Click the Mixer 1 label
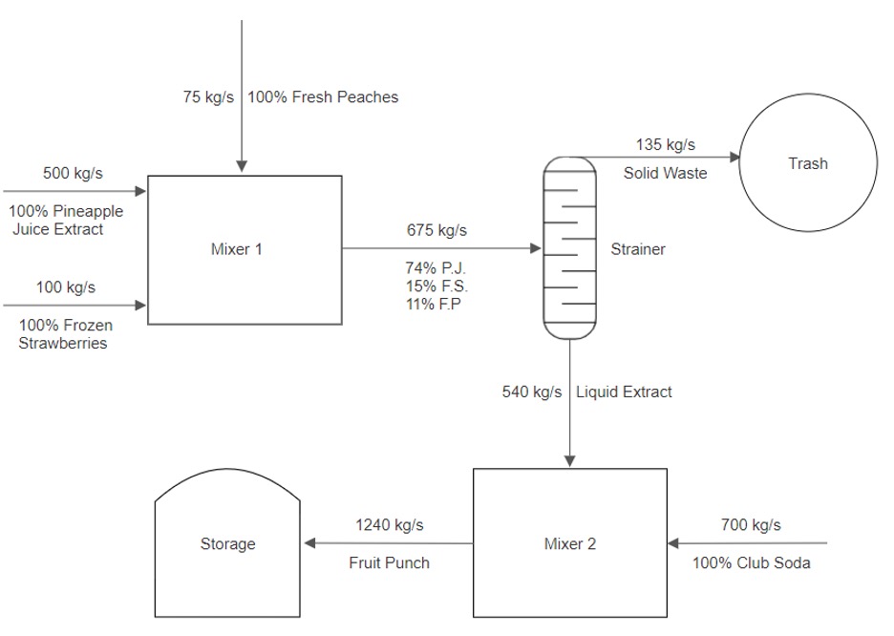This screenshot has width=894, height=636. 237,249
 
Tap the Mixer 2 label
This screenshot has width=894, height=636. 570,543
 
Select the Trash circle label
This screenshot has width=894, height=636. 808,163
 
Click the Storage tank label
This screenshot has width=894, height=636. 227,543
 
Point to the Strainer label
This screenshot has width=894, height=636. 638,249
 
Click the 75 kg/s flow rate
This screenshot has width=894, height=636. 208,96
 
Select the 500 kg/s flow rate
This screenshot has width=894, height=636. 73,173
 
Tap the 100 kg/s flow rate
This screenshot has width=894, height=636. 66,286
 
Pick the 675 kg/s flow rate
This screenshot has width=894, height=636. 436,230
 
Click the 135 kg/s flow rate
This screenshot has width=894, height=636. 666,145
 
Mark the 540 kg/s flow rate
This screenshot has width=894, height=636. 532,392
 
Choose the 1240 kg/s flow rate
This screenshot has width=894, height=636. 390,525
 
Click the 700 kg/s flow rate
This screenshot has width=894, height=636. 751,525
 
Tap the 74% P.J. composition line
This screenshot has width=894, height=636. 436,267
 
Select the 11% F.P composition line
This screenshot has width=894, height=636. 434,305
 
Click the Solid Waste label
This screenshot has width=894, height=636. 666,173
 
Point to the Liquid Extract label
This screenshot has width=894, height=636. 624,392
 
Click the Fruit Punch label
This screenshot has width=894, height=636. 390,563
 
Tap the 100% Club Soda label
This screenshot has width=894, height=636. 751,563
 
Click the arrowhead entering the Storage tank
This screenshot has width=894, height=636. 309,543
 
